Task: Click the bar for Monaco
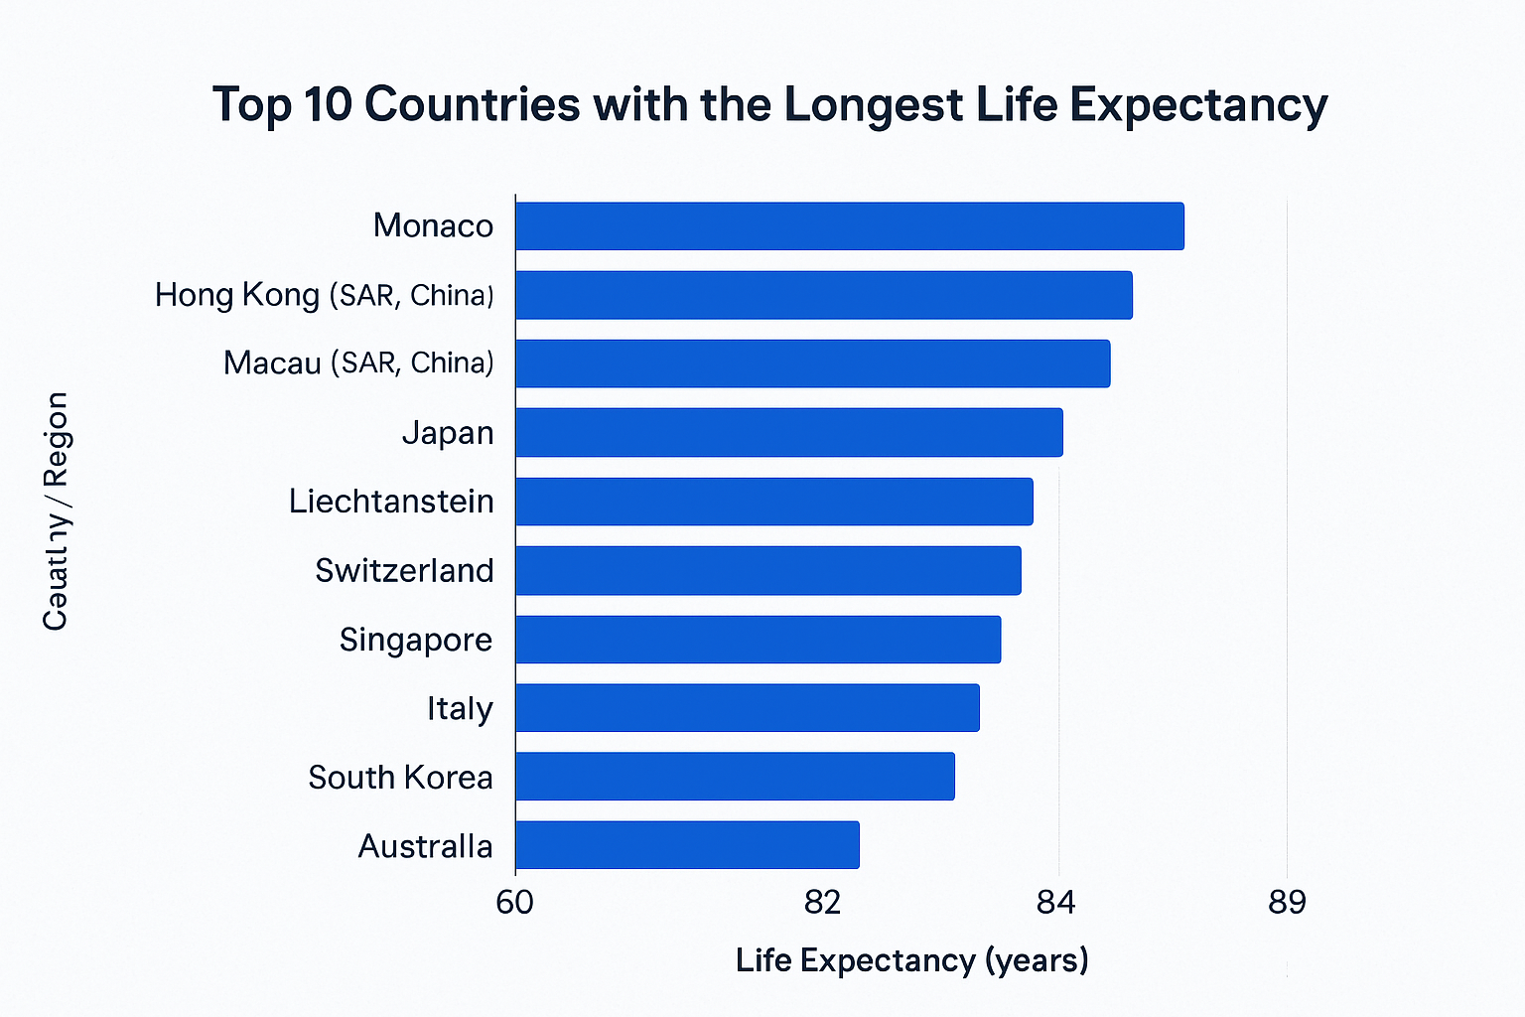(x=849, y=226)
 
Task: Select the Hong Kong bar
(x=823, y=295)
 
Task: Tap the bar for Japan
(x=788, y=432)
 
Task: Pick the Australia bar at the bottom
(x=687, y=845)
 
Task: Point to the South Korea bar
(x=735, y=776)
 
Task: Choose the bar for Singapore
(x=758, y=639)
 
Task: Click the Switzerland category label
(x=404, y=570)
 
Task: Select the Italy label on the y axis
(x=460, y=708)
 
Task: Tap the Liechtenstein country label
(x=391, y=501)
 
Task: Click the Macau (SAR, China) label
(x=358, y=363)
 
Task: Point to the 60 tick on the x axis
(x=514, y=903)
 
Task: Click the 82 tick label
(x=822, y=903)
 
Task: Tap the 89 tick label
(x=1287, y=903)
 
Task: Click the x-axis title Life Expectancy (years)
(x=911, y=960)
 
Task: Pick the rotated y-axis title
(x=56, y=511)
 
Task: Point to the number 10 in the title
(x=328, y=104)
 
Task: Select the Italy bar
(x=747, y=708)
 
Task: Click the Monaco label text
(x=433, y=225)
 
